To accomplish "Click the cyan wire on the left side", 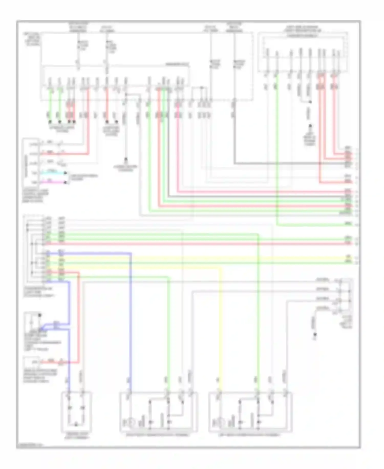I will pyautogui.click(x=54, y=173).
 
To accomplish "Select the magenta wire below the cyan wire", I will pyautogui.click(x=54, y=182).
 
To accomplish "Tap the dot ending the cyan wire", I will pyautogui.click(x=66, y=173).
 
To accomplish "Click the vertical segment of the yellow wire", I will pyautogui.click(x=221, y=321).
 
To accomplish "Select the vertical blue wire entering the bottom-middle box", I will pyautogui.click(x=131, y=321).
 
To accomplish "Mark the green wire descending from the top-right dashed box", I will pyautogui.click(x=277, y=154).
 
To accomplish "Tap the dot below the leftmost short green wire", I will pyautogui.click(x=50, y=122).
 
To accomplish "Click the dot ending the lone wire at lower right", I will pyautogui.click(x=315, y=335).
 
